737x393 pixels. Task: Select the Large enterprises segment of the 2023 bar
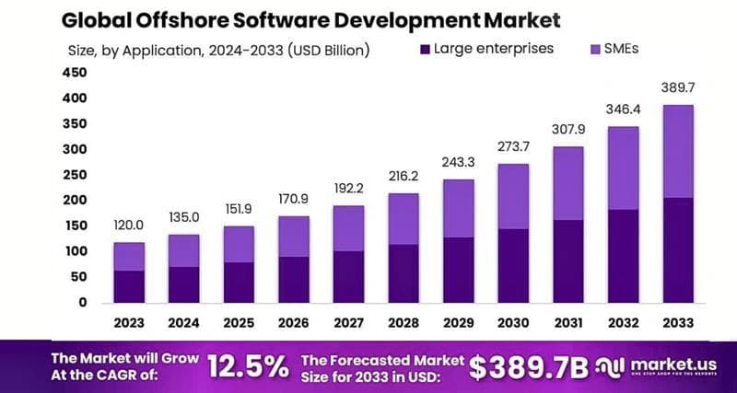tap(128, 286)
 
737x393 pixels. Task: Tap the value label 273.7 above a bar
tap(513, 147)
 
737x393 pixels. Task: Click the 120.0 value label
tap(128, 225)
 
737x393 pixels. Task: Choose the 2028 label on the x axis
tap(403, 322)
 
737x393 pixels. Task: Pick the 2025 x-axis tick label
tap(238, 322)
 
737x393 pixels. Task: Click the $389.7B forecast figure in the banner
tap(528, 366)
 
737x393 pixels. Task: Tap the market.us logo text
tap(672, 362)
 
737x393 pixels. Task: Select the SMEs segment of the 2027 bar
tap(348, 227)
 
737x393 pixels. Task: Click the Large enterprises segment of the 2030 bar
tap(513, 265)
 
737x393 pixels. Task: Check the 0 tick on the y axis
tap(82, 302)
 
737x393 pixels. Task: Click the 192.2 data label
tap(348, 188)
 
